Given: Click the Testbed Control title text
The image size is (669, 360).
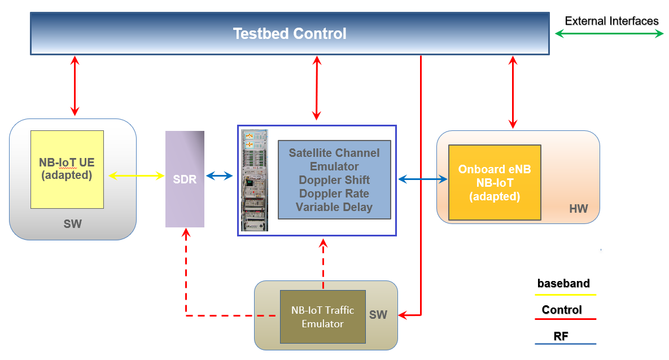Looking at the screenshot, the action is [290, 34].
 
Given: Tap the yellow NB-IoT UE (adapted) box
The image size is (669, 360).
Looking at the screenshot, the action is [67, 169].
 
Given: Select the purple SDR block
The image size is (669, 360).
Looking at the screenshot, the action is [185, 179].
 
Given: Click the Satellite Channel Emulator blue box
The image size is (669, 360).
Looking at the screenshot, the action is [334, 179].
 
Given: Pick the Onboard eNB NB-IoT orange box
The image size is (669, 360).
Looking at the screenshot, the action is [495, 183].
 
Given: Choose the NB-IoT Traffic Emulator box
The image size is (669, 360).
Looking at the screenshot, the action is [322, 317].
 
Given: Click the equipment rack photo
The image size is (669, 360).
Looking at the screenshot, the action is [254, 181].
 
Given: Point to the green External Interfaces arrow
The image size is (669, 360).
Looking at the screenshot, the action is [609, 34].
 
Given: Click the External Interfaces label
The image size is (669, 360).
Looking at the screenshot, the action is [611, 21].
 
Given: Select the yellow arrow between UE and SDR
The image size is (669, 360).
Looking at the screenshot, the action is [137, 175].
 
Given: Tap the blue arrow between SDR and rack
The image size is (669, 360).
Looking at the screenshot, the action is [219, 175].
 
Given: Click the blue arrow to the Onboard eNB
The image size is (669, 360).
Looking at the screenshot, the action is [423, 179].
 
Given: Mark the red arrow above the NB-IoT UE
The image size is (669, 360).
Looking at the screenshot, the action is [75, 86].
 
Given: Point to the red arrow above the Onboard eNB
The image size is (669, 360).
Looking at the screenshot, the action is [513, 92].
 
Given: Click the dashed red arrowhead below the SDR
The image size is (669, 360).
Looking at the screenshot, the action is [186, 232].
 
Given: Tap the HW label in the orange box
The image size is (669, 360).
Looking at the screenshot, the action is [579, 209].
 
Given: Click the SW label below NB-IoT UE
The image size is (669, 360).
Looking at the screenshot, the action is [72, 224].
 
